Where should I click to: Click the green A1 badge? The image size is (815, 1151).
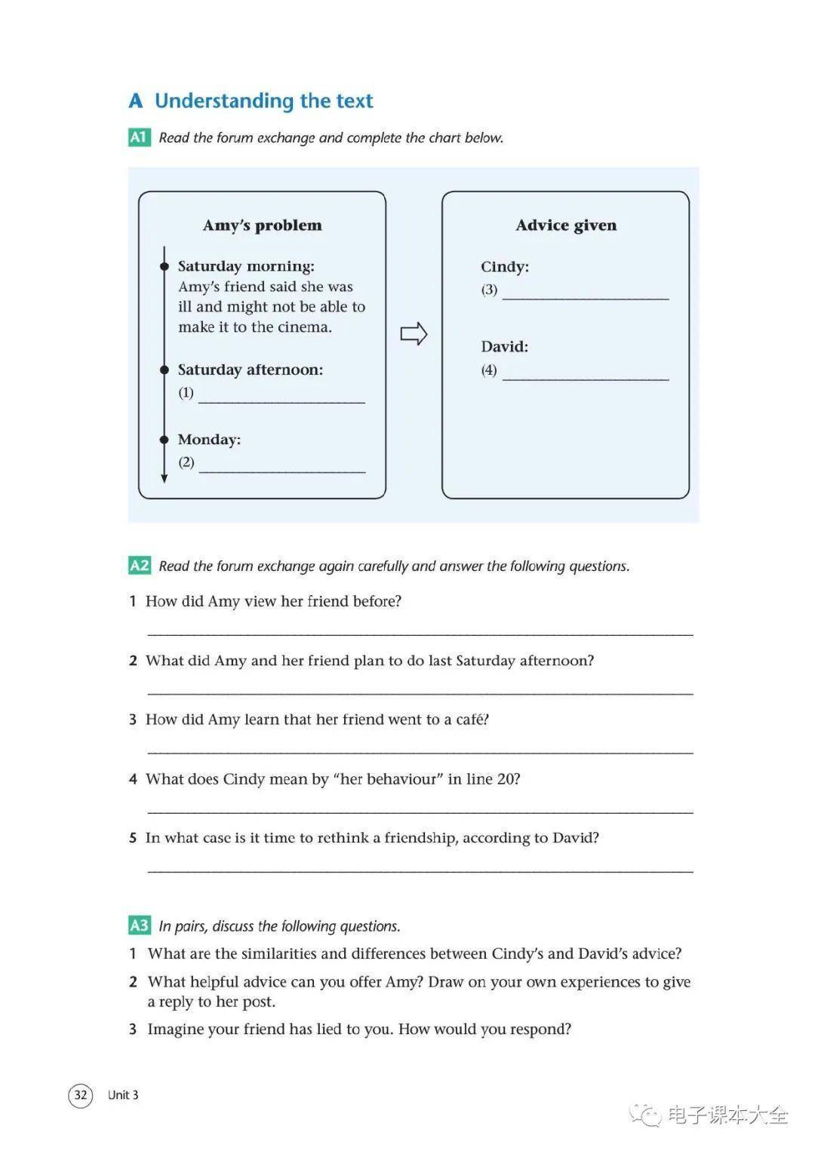coord(139,137)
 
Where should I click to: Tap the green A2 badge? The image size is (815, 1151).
coord(140,566)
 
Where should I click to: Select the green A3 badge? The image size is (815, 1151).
coord(140,925)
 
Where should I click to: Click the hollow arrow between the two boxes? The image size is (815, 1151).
coord(414,333)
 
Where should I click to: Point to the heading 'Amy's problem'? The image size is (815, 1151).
coord(262,226)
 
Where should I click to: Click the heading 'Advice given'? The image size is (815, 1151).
coord(566,226)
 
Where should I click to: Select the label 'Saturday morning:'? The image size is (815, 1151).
coord(246,266)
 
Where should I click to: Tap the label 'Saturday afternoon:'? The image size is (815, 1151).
coord(250,370)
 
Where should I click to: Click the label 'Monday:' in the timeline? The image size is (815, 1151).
coord(209,440)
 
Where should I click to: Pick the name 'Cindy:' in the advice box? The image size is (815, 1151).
coord(505,267)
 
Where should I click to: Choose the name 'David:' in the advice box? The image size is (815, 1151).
coord(504,347)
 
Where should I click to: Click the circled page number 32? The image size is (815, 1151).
coord(80,1094)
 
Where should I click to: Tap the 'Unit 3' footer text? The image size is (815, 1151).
coord(123,1095)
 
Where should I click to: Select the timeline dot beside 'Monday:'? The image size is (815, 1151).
coord(164,440)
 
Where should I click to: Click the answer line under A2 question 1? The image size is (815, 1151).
coord(420,634)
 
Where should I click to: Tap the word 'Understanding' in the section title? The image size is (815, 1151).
coord(224,101)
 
